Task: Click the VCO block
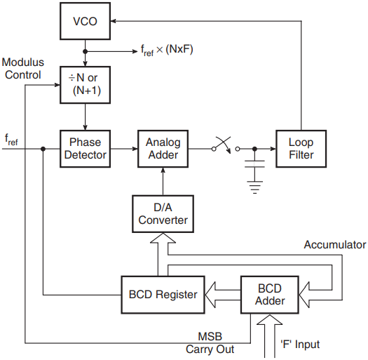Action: pos(86,21)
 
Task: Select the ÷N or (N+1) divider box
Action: pos(86,85)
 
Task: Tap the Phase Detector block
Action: pos(86,149)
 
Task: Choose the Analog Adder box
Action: pos(163,149)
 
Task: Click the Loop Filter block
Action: pos(301,149)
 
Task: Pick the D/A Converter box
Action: pos(163,214)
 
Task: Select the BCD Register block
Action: pos(163,295)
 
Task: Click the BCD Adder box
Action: pos(270,295)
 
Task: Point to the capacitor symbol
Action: pos(254,164)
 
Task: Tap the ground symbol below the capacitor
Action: pos(254,187)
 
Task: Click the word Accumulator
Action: pos(335,245)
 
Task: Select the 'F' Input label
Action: pos(300,345)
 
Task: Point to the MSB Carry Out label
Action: pos(210,343)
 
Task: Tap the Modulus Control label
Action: pos(23,69)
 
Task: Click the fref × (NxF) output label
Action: pos(167,50)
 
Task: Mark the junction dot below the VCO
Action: pos(86,51)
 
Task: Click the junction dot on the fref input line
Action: pos(43,149)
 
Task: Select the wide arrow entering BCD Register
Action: pos(223,295)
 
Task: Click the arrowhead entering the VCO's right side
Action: pos(113,21)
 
